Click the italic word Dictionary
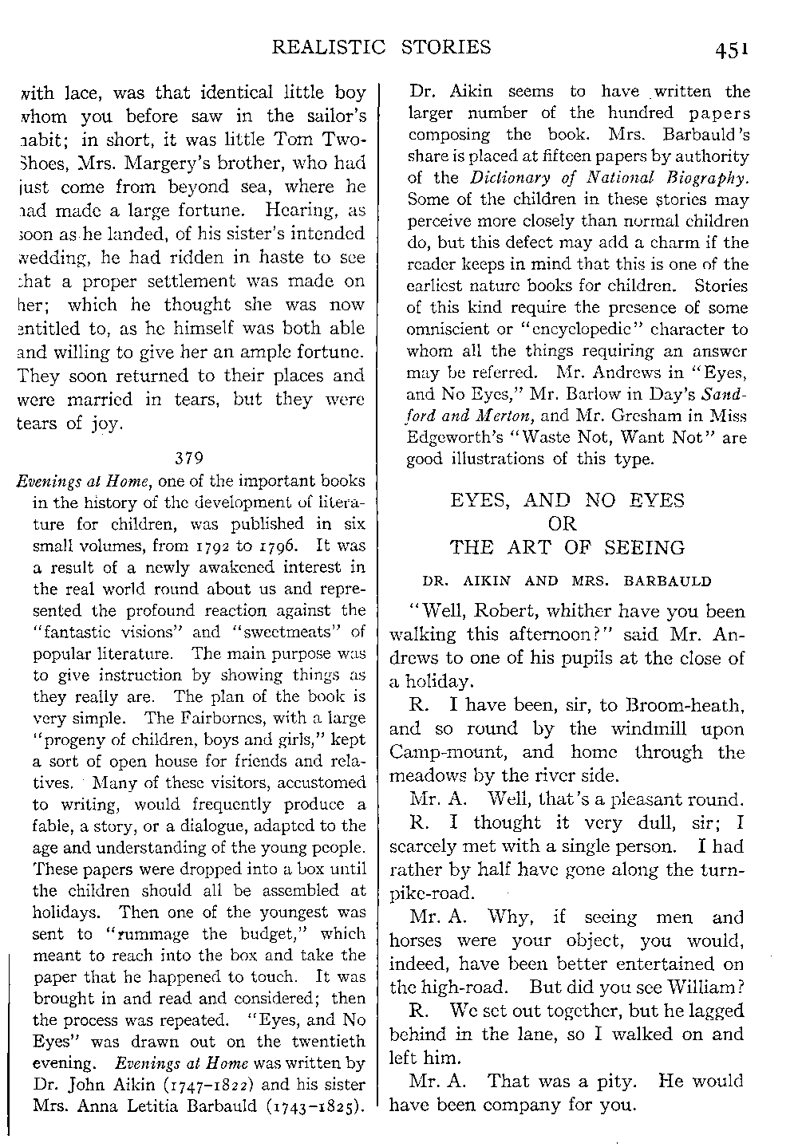510,178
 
